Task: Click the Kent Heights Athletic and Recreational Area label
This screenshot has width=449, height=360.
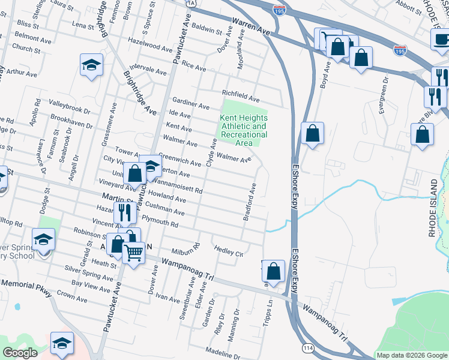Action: [x=243, y=130]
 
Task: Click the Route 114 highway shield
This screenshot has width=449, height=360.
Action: [x=308, y=347]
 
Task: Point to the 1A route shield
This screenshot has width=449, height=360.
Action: [x=191, y=3]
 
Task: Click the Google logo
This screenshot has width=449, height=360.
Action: [x=20, y=353]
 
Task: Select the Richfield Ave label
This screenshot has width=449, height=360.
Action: [x=240, y=95]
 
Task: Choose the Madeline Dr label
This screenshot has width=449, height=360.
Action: [x=223, y=352]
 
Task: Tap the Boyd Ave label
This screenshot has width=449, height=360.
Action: [x=325, y=76]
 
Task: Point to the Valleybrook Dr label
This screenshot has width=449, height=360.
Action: [x=70, y=106]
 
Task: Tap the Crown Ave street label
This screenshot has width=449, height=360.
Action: [x=73, y=296]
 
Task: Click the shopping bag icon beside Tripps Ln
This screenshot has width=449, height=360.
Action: [x=274, y=271]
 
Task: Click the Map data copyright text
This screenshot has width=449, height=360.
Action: [x=411, y=355]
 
